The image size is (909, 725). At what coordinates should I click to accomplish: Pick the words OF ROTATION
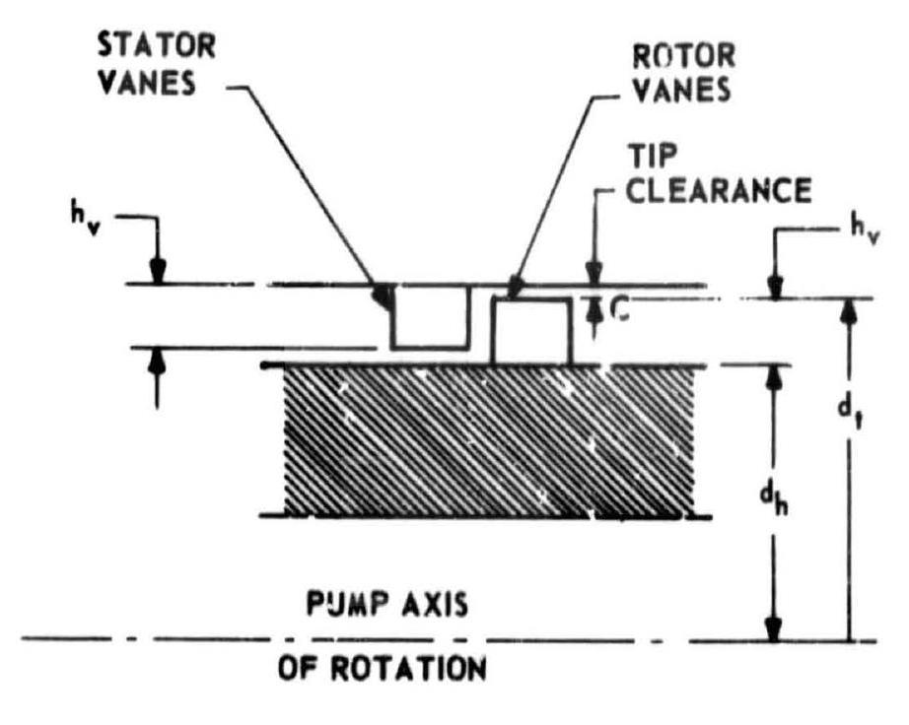tap(382, 672)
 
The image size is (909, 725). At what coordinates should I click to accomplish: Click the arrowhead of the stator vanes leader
tap(383, 295)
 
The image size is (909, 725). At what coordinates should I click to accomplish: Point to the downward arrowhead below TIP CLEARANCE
tap(594, 275)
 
